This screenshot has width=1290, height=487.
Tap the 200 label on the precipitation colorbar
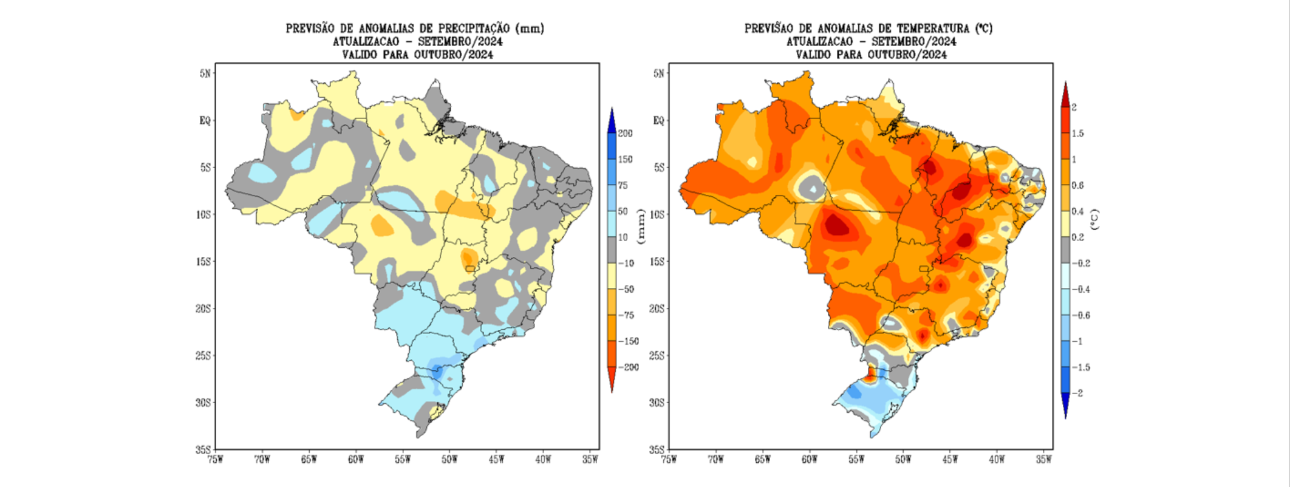click(x=626, y=134)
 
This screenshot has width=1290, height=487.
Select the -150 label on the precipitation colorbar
click(x=629, y=341)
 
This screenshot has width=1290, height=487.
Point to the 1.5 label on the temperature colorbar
click(x=1078, y=134)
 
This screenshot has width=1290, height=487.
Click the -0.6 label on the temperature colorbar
click(x=1080, y=316)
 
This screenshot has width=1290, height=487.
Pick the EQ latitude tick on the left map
click(x=205, y=121)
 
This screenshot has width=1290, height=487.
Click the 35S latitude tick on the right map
click(x=658, y=450)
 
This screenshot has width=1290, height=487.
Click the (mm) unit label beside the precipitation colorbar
click(x=641, y=226)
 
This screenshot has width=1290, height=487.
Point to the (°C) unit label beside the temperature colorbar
click(x=1094, y=220)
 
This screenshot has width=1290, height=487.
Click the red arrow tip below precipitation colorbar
click(x=612, y=383)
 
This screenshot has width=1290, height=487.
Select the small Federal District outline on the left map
click(x=470, y=268)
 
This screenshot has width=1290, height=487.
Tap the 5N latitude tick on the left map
click(x=205, y=73)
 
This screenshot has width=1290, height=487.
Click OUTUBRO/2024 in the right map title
click(x=907, y=55)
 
